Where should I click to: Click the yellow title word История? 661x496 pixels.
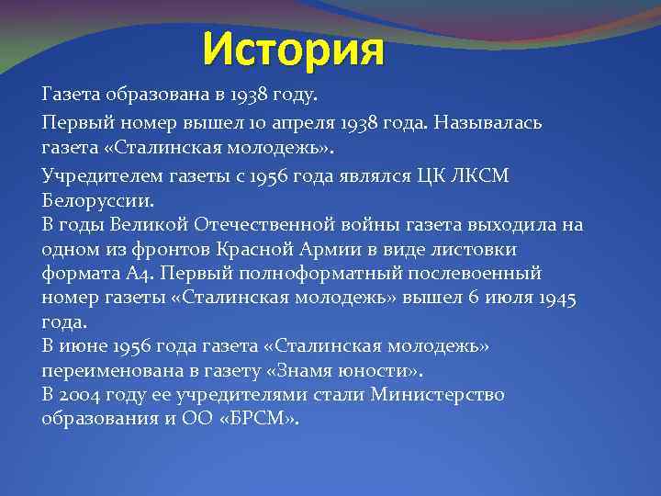[x=293, y=50]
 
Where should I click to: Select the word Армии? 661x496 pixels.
[x=336, y=249]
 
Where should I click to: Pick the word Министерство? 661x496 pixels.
[x=438, y=395]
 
